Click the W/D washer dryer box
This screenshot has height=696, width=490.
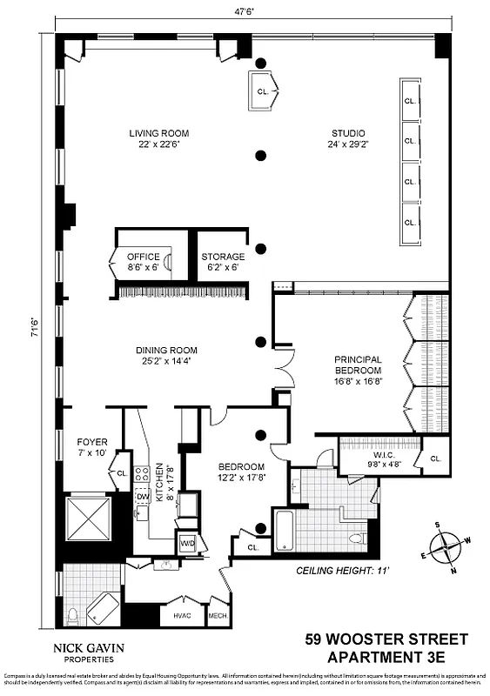point(186,544)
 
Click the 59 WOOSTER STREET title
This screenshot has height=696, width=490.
point(386,639)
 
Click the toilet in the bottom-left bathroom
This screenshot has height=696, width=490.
point(74,616)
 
